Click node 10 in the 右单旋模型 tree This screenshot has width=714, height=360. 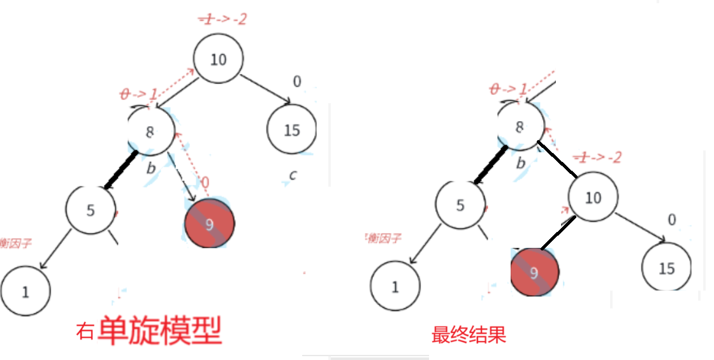tap(218, 59)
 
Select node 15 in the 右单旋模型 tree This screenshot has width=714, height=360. tap(291, 130)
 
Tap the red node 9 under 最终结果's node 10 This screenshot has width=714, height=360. tap(534, 273)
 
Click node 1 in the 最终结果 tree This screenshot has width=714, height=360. tap(395, 287)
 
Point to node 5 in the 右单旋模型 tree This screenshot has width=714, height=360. tap(91, 210)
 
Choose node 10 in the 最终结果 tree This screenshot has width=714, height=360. tap(593, 198)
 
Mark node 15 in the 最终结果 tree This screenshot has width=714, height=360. tap(666, 268)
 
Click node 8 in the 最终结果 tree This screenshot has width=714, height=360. tap(520, 127)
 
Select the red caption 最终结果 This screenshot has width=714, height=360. tap(469, 335)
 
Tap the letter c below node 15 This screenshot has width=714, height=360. tap(292, 175)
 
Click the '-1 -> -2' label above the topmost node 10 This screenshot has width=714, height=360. tap(222, 19)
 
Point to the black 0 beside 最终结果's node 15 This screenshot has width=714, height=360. tap(671, 220)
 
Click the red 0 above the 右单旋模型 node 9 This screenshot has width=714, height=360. tap(205, 184)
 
